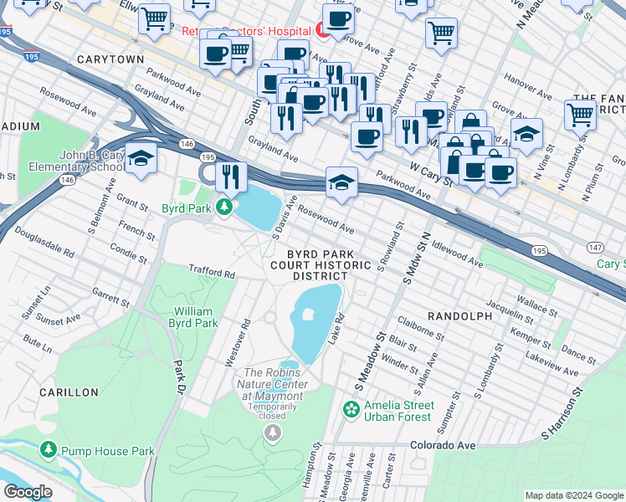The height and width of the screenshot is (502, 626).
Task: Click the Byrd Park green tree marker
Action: [224, 206]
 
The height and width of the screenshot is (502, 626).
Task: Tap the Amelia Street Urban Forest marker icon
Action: [351, 409]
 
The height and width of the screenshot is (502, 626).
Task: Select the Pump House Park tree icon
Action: [49, 451]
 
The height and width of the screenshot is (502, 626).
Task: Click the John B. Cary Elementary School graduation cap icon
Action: [141, 159]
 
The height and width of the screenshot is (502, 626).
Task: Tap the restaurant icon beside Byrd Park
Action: [228, 176]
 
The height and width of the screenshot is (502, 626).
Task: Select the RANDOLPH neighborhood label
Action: [459, 316]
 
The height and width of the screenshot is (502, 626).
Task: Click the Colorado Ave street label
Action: [443, 445]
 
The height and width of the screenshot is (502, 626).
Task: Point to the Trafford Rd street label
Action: [211, 273]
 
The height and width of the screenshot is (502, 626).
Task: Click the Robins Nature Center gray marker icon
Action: [272, 432]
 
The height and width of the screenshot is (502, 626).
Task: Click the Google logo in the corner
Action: [28, 492]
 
